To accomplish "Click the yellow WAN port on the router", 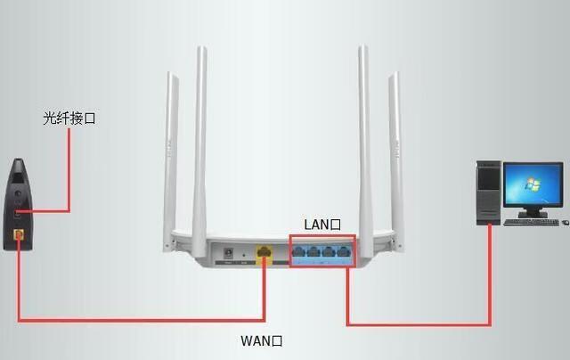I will tap(264, 252).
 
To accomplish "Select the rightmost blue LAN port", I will tap(343, 252).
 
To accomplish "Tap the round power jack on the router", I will tap(228, 253).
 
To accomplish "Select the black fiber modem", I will tap(20, 204).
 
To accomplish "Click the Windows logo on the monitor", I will tap(531, 188).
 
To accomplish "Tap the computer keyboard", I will tap(530, 221).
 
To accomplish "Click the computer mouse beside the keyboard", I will tap(563, 220).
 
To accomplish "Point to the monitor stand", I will tap(531, 211).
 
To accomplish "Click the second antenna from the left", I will tap(201, 134).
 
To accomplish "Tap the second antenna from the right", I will tap(363, 134).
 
